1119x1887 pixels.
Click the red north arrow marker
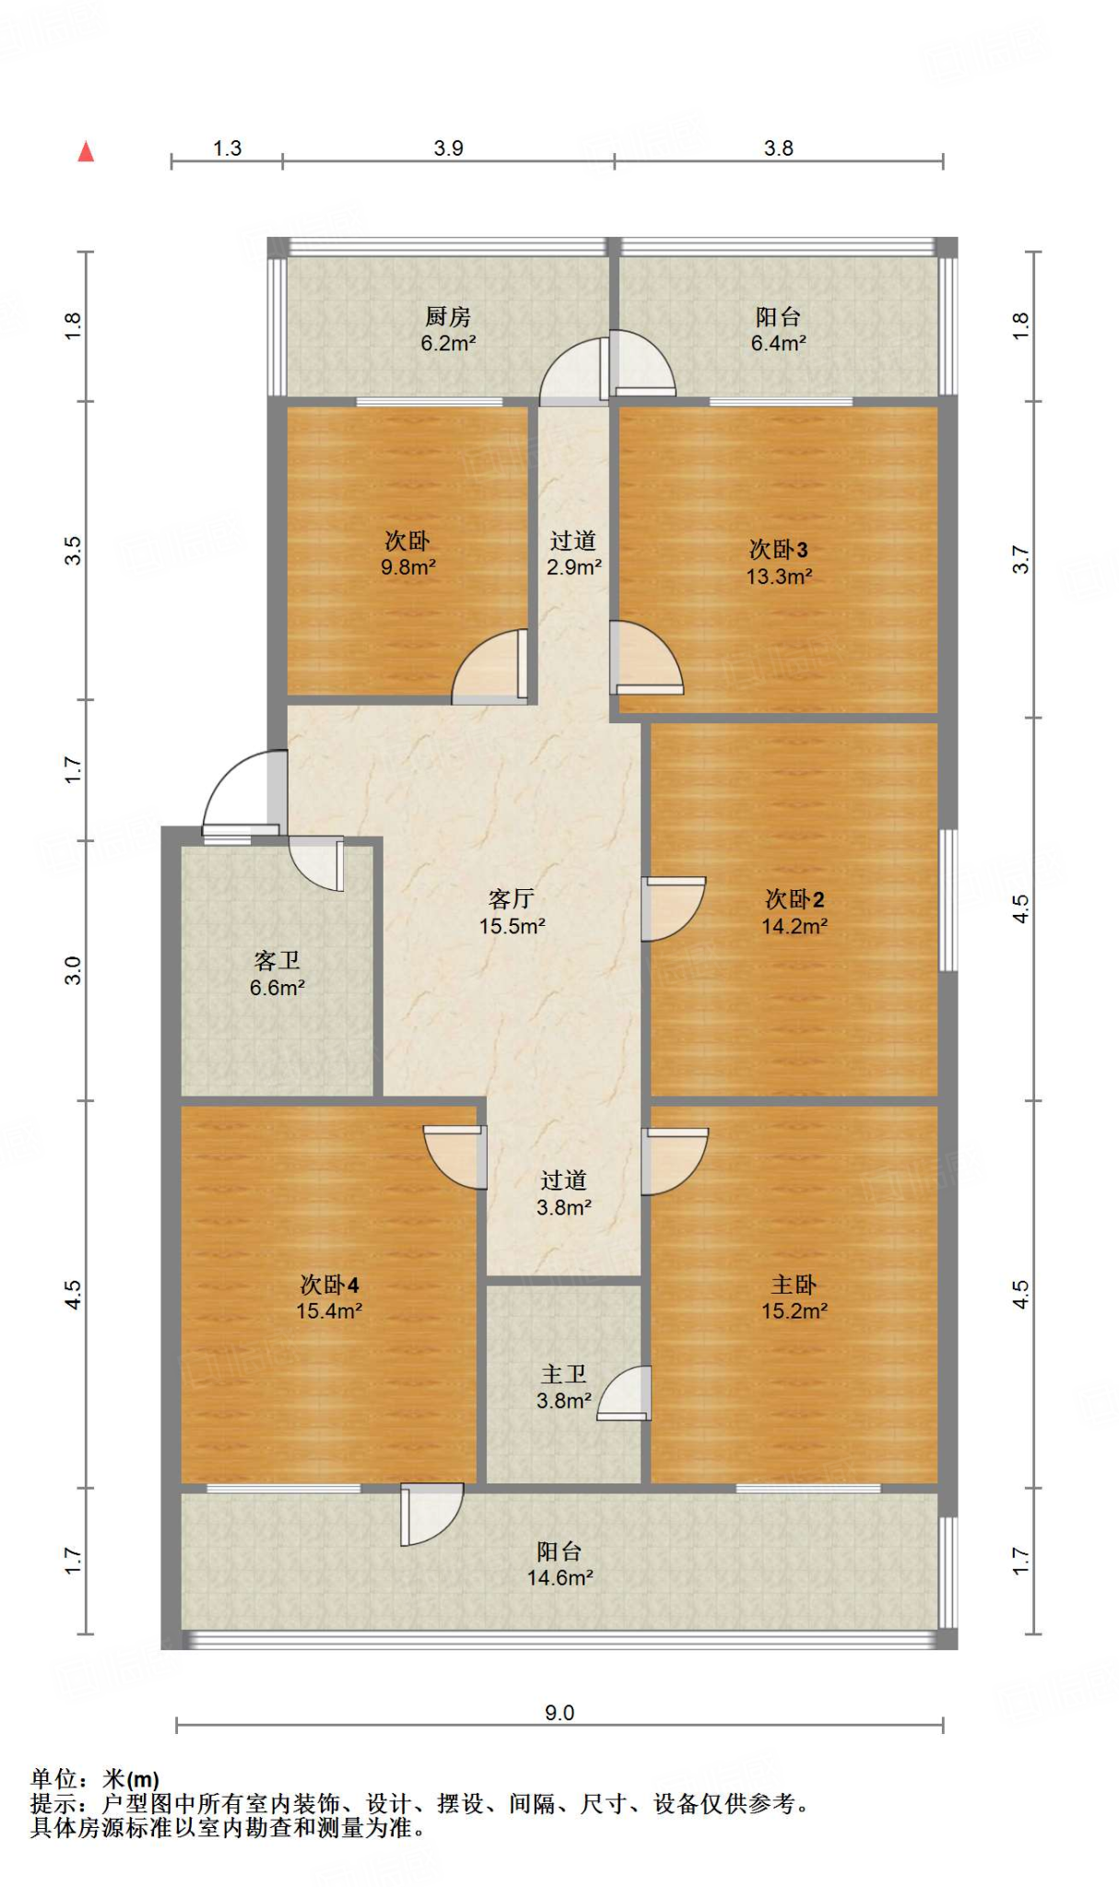(x=86, y=151)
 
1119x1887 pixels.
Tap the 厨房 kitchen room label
(x=448, y=317)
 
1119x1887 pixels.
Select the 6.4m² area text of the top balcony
(x=779, y=344)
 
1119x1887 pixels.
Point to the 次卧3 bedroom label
(x=779, y=550)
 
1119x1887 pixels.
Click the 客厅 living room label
(x=512, y=898)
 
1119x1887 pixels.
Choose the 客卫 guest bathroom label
(x=277, y=961)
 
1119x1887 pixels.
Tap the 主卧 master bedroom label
(x=794, y=1284)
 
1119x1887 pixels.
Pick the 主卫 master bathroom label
(x=563, y=1375)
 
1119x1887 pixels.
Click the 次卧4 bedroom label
(x=329, y=1284)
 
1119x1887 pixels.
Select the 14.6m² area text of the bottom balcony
(x=559, y=1578)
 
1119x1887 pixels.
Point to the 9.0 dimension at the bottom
(x=559, y=1713)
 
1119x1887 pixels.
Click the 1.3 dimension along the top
(x=227, y=148)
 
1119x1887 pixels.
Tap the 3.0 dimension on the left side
(x=73, y=970)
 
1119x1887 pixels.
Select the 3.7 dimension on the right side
(x=1021, y=559)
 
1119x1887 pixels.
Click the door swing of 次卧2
(x=674, y=908)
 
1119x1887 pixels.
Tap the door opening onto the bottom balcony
(x=431, y=1514)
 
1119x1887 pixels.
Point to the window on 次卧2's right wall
(x=948, y=900)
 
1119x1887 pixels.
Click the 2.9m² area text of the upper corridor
(x=574, y=568)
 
